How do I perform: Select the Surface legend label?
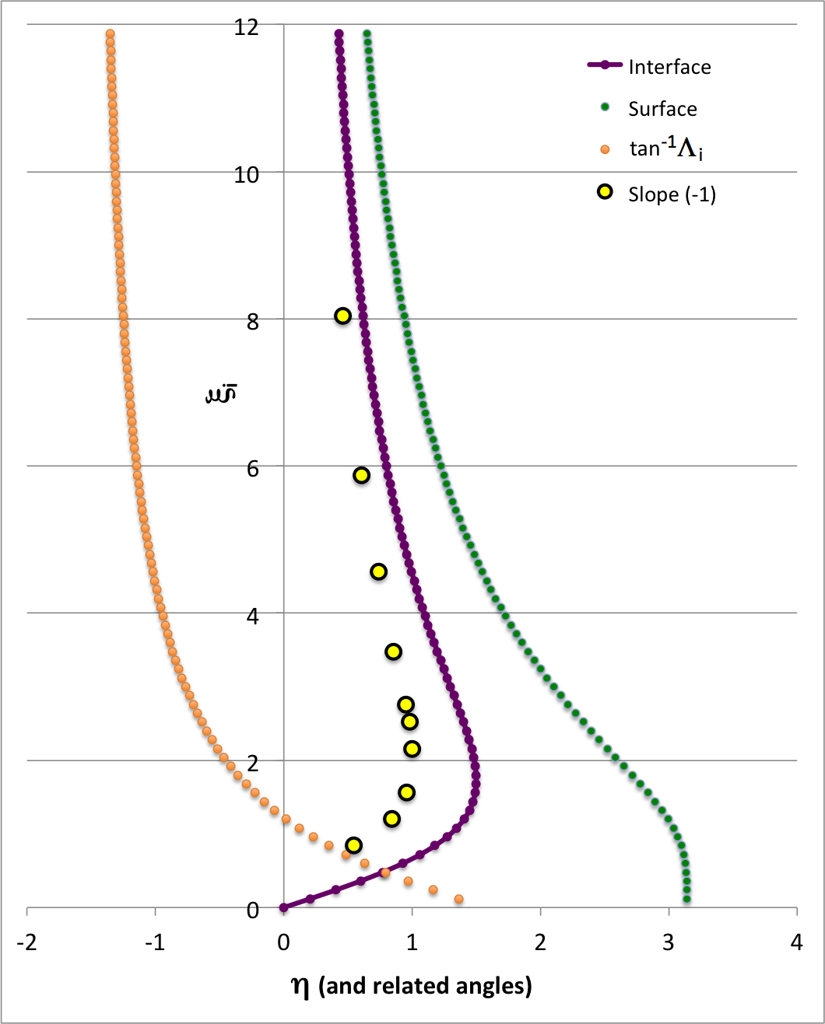tap(662, 109)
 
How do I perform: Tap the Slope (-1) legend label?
tap(672, 194)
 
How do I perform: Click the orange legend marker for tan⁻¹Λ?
tap(605, 149)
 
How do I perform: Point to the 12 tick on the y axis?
tap(246, 27)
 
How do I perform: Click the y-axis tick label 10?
tap(246, 175)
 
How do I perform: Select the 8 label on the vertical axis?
tap(252, 322)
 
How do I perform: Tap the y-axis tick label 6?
tap(252, 469)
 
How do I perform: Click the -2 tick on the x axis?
tap(27, 942)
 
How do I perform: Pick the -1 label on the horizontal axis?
tap(155, 942)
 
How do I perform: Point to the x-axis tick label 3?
tap(669, 942)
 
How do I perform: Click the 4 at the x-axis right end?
tap(796, 942)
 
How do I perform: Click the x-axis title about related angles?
tap(412, 986)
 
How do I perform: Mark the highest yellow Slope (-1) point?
tap(342, 316)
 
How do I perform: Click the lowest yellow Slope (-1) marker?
tap(353, 845)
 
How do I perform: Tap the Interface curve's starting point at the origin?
tap(284, 907)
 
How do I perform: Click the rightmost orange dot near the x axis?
tap(458, 899)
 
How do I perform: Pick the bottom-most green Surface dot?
tap(686, 899)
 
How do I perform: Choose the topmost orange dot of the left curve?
tap(110, 34)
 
